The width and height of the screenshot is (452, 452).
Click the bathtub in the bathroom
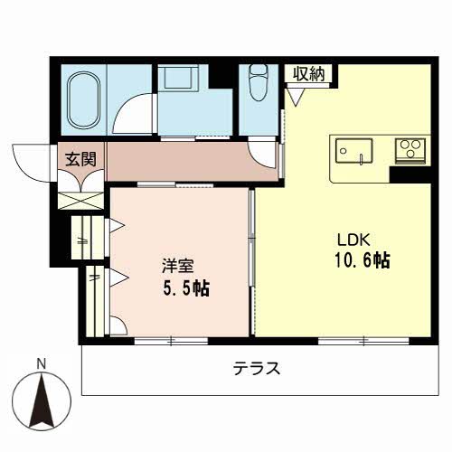[x=83, y=100]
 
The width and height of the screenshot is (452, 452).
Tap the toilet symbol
[x=259, y=82]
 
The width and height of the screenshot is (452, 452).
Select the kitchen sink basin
[x=354, y=151]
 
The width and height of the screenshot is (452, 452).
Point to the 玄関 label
[x=81, y=159]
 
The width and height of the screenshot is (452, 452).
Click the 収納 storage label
[x=309, y=73]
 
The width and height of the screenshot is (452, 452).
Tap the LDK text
[x=353, y=240]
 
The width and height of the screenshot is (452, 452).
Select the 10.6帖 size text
[x=363, y=260]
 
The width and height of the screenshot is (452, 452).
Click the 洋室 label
[x=177, y=266]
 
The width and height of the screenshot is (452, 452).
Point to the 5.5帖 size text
[x=186, y=288]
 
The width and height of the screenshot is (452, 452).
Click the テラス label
[x=257, y=368]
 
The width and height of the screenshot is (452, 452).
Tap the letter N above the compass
[x=41, y=364]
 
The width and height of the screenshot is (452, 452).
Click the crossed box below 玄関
[x=80, y=201]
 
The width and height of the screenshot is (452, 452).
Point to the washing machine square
[x=178, y=76]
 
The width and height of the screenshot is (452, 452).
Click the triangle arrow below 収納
[x=297, y=96]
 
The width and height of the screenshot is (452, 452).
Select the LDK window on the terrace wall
[x=363, y=341]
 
